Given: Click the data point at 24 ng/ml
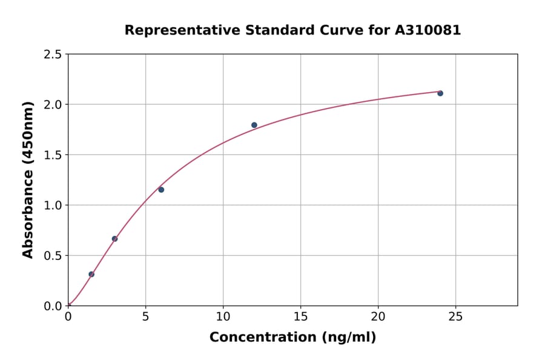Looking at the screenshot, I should (x=440, y=93).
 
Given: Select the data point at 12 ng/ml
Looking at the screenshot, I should (x=254, y=125).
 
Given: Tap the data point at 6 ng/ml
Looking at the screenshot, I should (x=161, y=190).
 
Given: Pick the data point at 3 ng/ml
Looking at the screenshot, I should (x=114, y=239).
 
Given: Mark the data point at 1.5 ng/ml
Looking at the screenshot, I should (x=91, y=274).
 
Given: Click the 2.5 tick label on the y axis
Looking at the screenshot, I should (x=53, y=55).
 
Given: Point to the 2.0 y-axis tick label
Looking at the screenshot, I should (x=53, y=105).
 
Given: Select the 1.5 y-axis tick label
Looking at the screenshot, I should (x=53, y=155).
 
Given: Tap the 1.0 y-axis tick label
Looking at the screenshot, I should (x=53, y=205).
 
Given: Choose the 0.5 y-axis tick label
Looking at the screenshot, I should (x=53, y=256).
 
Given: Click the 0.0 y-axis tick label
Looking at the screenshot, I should (x=53, y=306).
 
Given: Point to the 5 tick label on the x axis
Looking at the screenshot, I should (x=145, y=316).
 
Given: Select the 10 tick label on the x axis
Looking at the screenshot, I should (x=223, y=316).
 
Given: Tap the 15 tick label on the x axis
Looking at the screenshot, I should (x=300, y=316).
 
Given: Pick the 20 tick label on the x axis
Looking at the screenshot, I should (x=378, y=316).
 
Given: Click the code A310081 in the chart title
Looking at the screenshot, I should (x=428, y=30).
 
